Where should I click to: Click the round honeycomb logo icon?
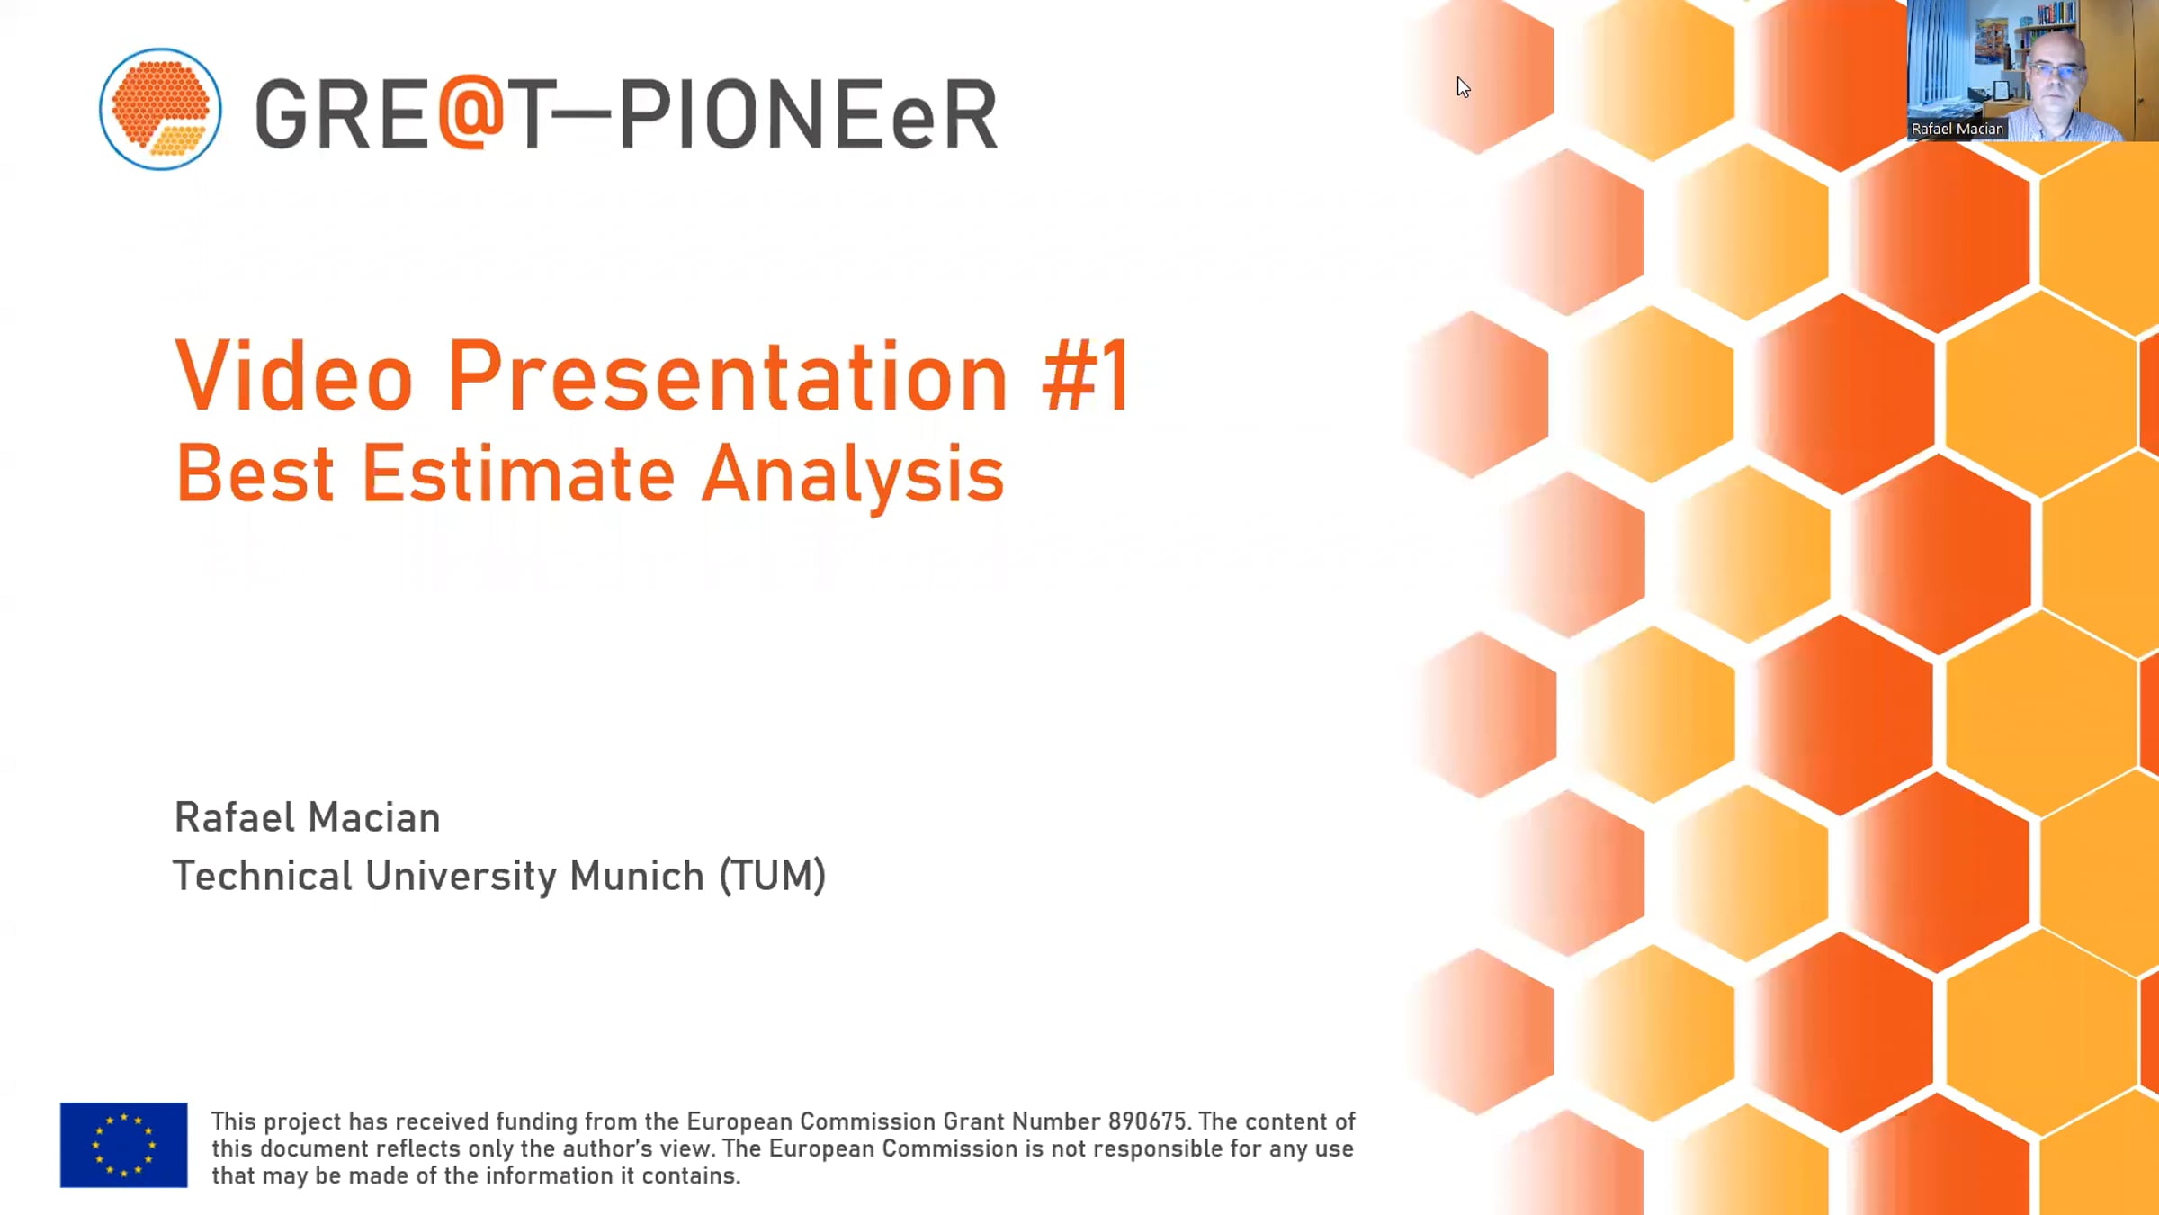click(x=160, y=109)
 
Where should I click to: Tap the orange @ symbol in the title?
click(x=472, y=112)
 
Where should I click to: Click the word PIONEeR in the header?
click(x=808, y=114)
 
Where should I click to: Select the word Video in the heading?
click(x=293, y=376)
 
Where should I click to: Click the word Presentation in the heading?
click(x=727, y=376)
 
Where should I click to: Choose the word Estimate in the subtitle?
click(x=518, y=473)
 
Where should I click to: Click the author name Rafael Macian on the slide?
click(x=307, y=817)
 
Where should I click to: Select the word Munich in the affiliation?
click(x=637, y=876)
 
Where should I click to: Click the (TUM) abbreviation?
click(x=772, y=876)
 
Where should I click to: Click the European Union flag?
click(x=124, y=1145)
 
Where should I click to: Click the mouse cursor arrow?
click(x=1463, y=87)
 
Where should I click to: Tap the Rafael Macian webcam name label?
click(x=1957, y=130)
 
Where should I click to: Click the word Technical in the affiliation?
click(x=262, y=876)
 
